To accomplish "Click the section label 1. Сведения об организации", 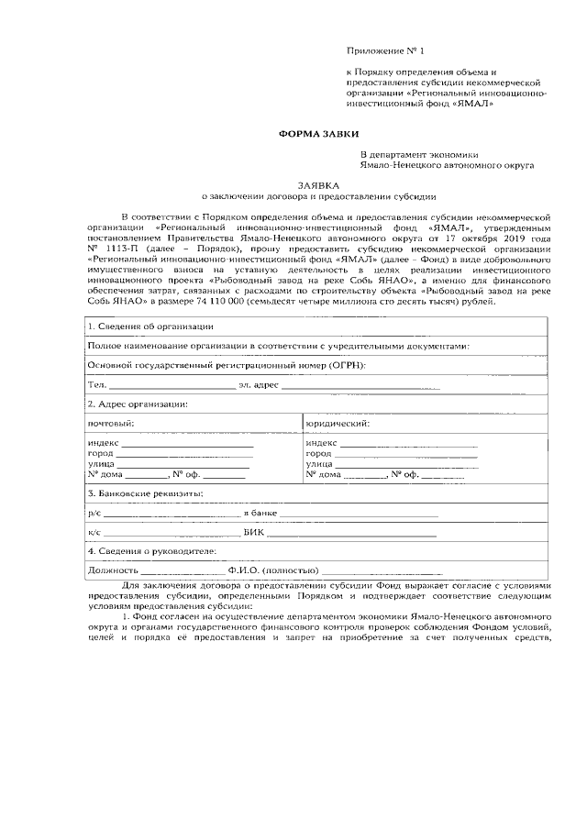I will click(x=150, y=326).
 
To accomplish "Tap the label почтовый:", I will click(x=110, y=423).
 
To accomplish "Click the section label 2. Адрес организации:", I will click(x=138, y=404).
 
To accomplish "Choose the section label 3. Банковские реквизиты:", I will click(x=145, y=493).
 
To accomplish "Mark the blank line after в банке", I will click(x=358, y=514).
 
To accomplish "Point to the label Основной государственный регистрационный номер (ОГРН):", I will click(x=226, y=365).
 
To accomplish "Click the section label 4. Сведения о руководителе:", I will click(x=151, y=551).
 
